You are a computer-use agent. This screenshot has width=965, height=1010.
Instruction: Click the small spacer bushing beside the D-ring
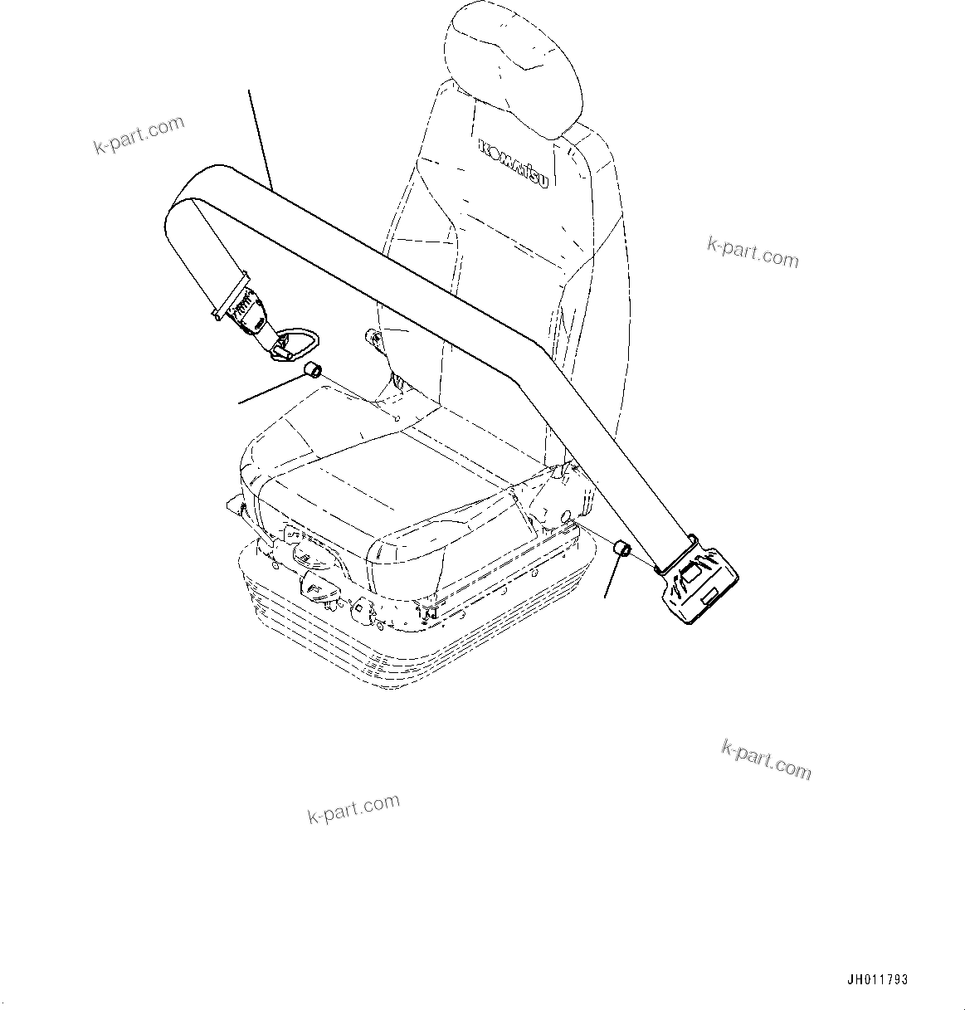[313, 369]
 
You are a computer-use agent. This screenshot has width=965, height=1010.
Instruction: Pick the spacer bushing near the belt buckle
[621, 549]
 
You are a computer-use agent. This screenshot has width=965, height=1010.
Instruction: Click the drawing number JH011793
[878, 980]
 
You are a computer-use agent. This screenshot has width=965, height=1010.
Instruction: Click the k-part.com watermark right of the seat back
[753, 252]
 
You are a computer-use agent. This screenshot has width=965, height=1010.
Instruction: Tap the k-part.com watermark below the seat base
[353, 808]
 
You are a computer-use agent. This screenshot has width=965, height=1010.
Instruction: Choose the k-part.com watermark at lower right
[766, 759]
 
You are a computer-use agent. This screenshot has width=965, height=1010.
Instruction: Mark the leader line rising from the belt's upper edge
[261, 138]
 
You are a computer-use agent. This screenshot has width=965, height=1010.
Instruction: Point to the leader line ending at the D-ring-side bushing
[270, 389]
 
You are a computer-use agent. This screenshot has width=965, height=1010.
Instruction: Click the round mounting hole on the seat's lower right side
[567, 518]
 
